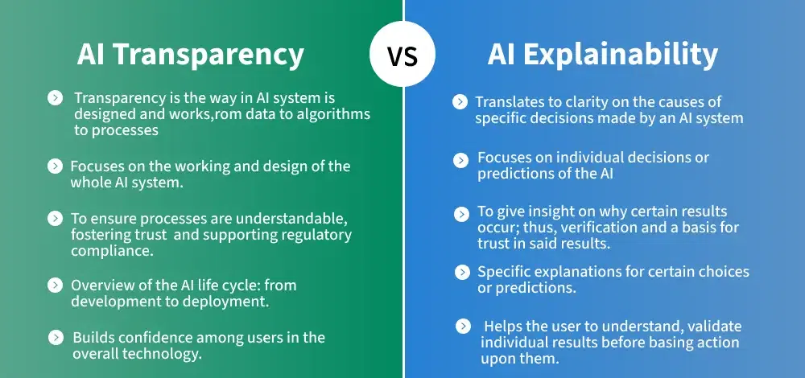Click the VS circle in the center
[402, 53]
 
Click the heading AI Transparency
[191, 55]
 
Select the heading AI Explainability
[602, 55]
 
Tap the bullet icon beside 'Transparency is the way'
[55, 97]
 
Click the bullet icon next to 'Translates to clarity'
[460, 102]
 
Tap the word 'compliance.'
[112, 251]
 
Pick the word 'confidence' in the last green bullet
[171, 338]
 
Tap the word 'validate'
[715, 327]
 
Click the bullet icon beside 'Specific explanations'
[462, 273]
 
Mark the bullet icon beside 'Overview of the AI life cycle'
[55, 286]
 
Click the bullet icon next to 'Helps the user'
[463, 327]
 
